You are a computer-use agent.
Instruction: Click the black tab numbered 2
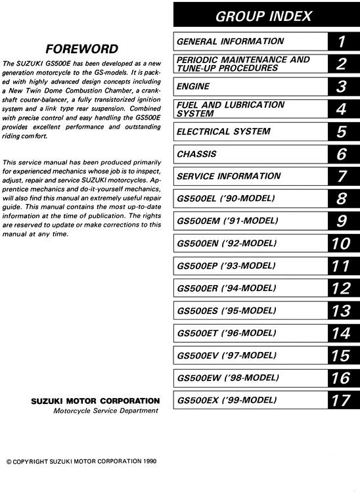(x=342, y=64)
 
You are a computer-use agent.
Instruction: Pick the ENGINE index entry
(x=194, y=86)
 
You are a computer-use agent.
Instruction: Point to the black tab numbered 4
(x=342, y=109)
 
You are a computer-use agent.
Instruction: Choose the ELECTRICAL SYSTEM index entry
(x=223, y=131)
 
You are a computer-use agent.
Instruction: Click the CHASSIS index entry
(x=196, y=154)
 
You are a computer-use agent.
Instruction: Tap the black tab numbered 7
(x=342, y=177)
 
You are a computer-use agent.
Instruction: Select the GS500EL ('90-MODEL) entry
(x=225, y=198)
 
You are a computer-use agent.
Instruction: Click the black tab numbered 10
(x=342, y=244)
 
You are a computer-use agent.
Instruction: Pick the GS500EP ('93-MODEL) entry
(x=226, y=266)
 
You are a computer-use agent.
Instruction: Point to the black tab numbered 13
(x=342, y=311)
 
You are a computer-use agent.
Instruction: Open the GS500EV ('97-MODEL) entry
(x=226, y=355)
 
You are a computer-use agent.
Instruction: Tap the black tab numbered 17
(x=342, y=400)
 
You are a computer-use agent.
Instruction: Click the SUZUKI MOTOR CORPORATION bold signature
(x=95, y=401)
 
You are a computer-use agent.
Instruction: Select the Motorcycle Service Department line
(x=106, y=411)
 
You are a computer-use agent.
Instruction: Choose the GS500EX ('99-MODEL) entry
(x=226, y=400)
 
